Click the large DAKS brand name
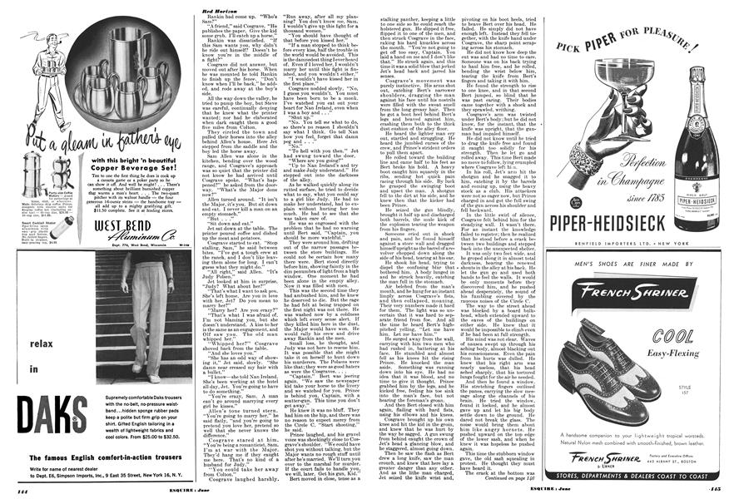(52, 413)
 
